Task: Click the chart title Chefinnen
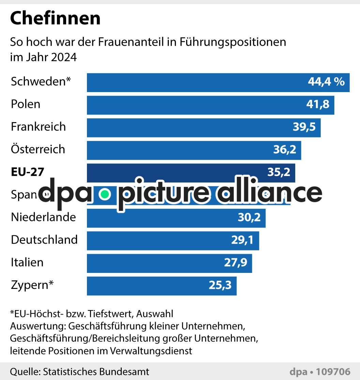click(x=55, y=19)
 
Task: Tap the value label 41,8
click(x=318, y=104)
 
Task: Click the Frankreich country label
click(x=38, y=127)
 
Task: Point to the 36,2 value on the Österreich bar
click(x=285, y=149)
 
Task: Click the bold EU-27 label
click(x=27, y=172)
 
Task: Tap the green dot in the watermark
click(x=105, y=194)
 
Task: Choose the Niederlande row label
click(x=43, y=217)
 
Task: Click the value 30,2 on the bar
click(x=249, y=217)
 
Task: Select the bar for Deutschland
click(x=173, y=240)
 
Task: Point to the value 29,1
click(x=242, y=240)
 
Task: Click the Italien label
click(x=27, y=263)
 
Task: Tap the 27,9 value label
click(x=235, y=263)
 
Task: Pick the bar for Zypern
click(x=162, y=286)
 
